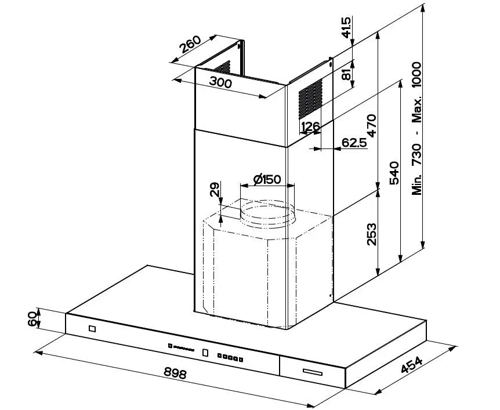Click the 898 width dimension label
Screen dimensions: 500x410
pyautogui.click(x=175, y=373)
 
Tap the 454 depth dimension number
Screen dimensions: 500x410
pyautogui.click(x=412, y=365)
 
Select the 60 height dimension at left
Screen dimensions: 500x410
pyautogui.click(x=33, y=319)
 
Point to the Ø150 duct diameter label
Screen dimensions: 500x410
pyautogui.click(x=267, y=180)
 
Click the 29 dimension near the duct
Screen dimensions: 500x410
pyautogui.click(x=215, y=189)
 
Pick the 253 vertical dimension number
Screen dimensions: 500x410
pyautogui.click(x=371, y=234)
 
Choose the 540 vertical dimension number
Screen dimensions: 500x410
pyautogui.click(x=394, y=173)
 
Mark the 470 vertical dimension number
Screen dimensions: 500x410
pyautogui.click(x=371, y=126)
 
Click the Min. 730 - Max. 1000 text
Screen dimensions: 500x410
pyautogui.click(x=417, y=129)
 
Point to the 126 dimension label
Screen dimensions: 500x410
pyautogui.click(x=310, y=127)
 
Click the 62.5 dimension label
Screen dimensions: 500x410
pyautogui.click(x=354, y=143)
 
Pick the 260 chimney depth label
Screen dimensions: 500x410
pyautogui.click(x=190, y=44)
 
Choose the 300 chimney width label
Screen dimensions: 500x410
pyautogui.click(x=220, y=82)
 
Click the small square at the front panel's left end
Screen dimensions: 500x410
pyautogui.click(x=92, y=328)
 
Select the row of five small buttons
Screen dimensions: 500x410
pyautogui.click(x=230, y=357)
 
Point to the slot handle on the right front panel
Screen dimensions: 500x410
pyautogui.click(x=313, y=372)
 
